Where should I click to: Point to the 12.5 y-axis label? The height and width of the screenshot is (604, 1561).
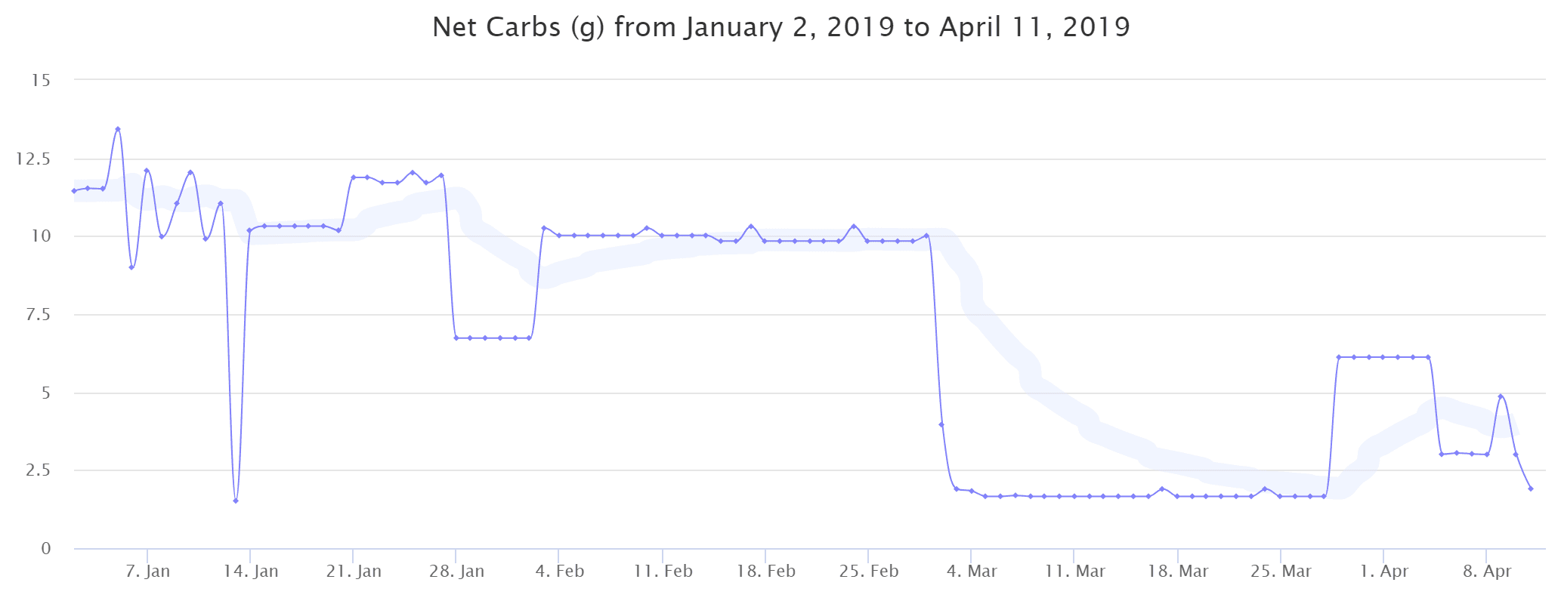point(34,159)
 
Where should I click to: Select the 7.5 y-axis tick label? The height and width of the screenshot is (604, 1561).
point(37,314)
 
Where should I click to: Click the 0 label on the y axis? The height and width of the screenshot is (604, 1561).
point(46,549)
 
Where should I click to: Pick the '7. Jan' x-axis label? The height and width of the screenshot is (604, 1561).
point(148,572)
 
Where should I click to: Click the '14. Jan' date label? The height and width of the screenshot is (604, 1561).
point(251,572)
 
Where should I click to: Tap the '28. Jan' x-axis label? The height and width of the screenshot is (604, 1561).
point(456,572)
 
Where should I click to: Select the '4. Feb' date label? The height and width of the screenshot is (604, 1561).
point(560,572)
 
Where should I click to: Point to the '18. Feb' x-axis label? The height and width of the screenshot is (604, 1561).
point(766,572)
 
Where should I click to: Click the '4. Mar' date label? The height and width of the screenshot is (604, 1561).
point(972,572)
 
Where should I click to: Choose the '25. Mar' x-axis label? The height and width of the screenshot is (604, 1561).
point(1281,572)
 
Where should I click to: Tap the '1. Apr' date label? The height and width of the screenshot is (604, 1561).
point(1384,572)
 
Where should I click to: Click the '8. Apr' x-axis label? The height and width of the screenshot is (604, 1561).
point(1487,572)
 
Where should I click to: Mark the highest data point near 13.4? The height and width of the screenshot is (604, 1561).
point(118,129)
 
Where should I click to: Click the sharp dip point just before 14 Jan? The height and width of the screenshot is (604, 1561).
point(236,501)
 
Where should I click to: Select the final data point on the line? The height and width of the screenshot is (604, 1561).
point(1531,488)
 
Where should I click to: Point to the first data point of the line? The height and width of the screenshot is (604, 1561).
point(74,191)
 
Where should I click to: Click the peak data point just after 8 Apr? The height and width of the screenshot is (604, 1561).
point(1501,396)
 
